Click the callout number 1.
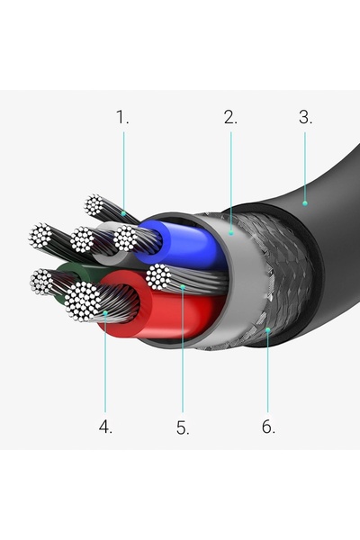coord(122,117)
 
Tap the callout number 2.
coord(230,117)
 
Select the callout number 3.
coord(306,117)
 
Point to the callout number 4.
coord(105,427)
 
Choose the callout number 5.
coord(183,427)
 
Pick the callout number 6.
coord(268,427)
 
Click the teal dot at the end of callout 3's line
coord(305,203)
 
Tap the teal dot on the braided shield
coord(267,330)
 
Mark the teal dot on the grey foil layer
coord(231,233)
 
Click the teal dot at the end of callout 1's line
coord(123,214)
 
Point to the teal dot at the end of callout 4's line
coord(105,313)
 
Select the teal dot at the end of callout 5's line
coord(183,286)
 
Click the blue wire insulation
coord(183,244)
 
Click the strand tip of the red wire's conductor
coord(83,301)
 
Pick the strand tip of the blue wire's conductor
coord(125,238)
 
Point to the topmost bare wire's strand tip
coord(94,205)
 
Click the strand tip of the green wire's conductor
coord(41,282)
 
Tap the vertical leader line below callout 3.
coord(305,166)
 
